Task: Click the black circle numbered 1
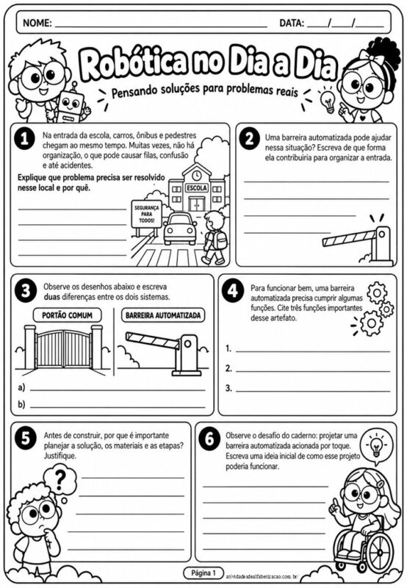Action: (24, 140)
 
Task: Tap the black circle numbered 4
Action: (233, 291)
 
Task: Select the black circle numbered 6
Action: (209, 438)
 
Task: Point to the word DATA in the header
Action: (292, 23)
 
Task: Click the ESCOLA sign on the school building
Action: (196, 187)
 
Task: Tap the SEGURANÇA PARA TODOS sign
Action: (146, 214)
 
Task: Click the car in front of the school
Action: (180, 229)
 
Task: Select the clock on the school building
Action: (196, 175)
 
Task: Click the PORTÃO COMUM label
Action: (67, 315)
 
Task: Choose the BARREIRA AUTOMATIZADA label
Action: (163, 315)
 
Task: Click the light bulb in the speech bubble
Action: (375, 445)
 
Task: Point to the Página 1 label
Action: (203, 573)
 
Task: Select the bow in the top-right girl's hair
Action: (372, 57)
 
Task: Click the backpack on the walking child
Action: (220, 240)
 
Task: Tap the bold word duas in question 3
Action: (51, 297)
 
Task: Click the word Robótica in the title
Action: (133, 62)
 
